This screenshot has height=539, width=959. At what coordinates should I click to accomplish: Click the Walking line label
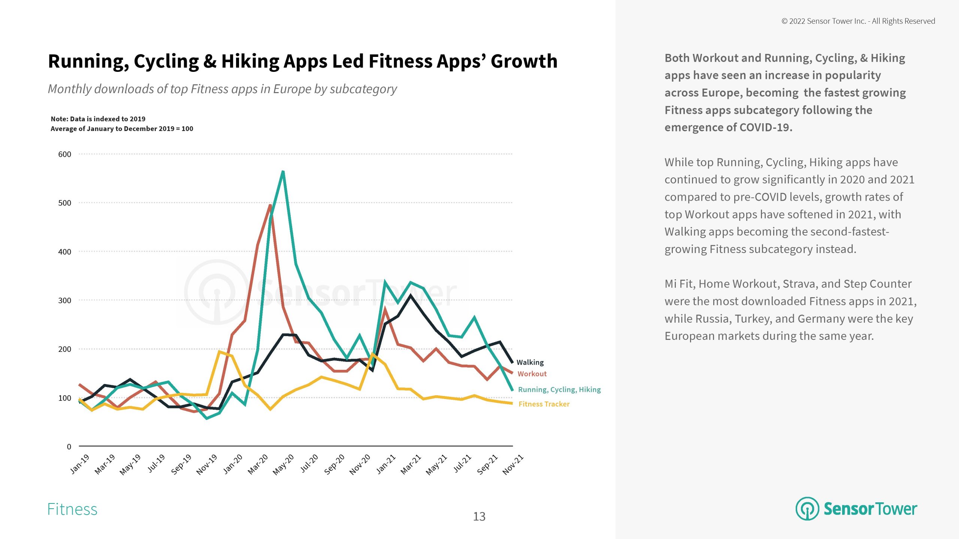click(530, 362)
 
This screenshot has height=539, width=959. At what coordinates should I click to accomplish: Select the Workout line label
click(532, 374)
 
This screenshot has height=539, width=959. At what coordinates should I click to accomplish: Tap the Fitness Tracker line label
click(544, 404)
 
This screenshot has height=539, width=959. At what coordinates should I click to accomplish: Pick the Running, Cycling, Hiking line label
click(559, 390)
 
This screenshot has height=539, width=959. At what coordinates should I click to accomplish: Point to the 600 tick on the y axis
click(64, 154)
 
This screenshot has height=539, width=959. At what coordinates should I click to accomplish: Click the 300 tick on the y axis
click(64, 301)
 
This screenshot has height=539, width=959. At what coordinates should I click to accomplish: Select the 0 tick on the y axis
click(69, 447)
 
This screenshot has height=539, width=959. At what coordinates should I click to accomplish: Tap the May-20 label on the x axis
click(284, 465)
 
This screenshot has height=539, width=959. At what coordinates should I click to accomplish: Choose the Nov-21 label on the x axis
click(513, 465)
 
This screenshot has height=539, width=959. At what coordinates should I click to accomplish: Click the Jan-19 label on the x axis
click(80, 464)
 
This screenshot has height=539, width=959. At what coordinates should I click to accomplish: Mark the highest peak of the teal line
click(283, 171)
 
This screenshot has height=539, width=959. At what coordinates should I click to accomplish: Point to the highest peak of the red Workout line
click(270, 205)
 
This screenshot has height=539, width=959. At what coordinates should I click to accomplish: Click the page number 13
click(479, 517)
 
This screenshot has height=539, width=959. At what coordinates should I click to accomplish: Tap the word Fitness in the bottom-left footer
click(72, 509)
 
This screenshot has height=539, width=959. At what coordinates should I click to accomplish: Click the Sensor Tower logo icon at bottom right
click(807, 509)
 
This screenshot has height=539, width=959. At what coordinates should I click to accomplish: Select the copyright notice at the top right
click(858, 21)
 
